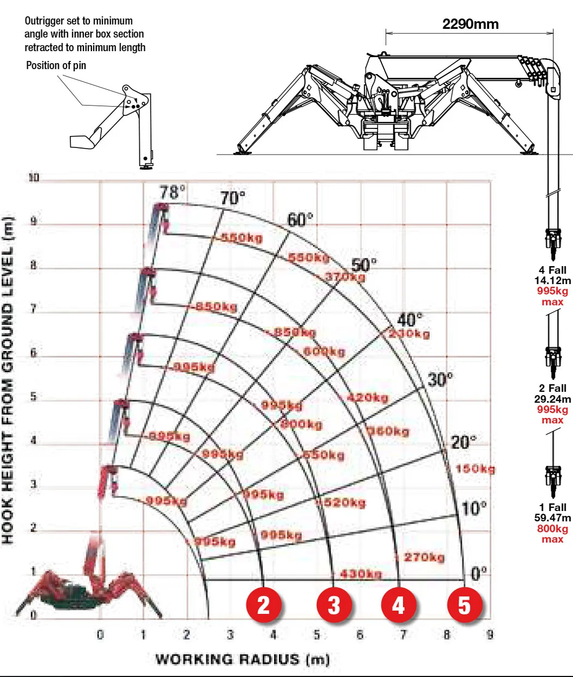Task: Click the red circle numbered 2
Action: [x=264, y=605]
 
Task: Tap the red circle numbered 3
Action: [x=334, y=605]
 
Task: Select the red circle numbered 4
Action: [x=399, y=605]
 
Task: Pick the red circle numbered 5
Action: [x=464, y=605]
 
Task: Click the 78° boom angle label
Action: [x=172, y=192]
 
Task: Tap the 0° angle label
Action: [x=479, y=573]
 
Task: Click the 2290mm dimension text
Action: [x=470, y=24]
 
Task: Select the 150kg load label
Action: [x=475, y=469]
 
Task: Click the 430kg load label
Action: [x=361, y=574]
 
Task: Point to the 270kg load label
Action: [x=424, y=557]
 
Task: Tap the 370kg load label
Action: [x=345, y=276]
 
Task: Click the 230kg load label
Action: [x=410, y=334]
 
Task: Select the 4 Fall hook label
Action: [x=553, y=270]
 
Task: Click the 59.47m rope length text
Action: [x=553, y=518]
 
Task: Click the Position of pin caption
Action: [x=56, y=65]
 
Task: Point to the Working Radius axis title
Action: [x=242, y=659]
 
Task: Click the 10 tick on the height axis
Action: [x=34, y=177]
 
